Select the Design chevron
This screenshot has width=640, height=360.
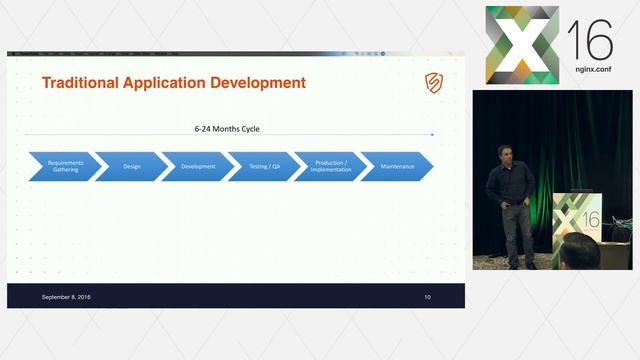pyautogui.click(x=131, y=166)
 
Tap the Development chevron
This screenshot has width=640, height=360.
pyautogui.click(x=198, y=166)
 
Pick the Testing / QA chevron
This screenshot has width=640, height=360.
pyautogui.click(x=265, y=166)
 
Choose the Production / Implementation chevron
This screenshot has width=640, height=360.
pyautogui.click(x=331, y=166)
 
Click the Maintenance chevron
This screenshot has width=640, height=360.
pyautogui.click(x=397, y=166)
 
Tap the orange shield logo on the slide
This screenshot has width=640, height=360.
pyautogui.click(x=433, y=82)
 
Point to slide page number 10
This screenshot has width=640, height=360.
pyautogui.click(x=427, y=297)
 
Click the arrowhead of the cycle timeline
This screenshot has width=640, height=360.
pyautogui.click(x=432, y=134)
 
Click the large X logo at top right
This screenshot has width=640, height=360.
pyautogui.click(x=522, y=45)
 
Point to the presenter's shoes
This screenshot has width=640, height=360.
pyautogui.click(x=521, y=265)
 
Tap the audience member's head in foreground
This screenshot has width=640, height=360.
pyautogui.click(x=579, y=255)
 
